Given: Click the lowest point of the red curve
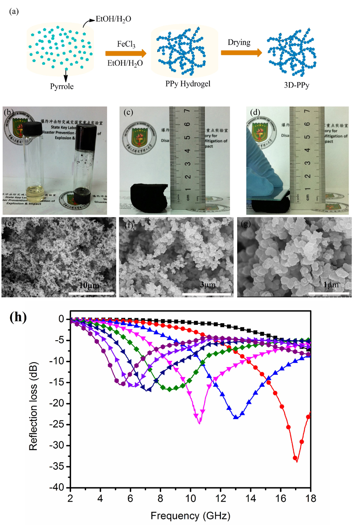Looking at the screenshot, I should pos(295,458).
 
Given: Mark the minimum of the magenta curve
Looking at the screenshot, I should pos(200,422).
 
